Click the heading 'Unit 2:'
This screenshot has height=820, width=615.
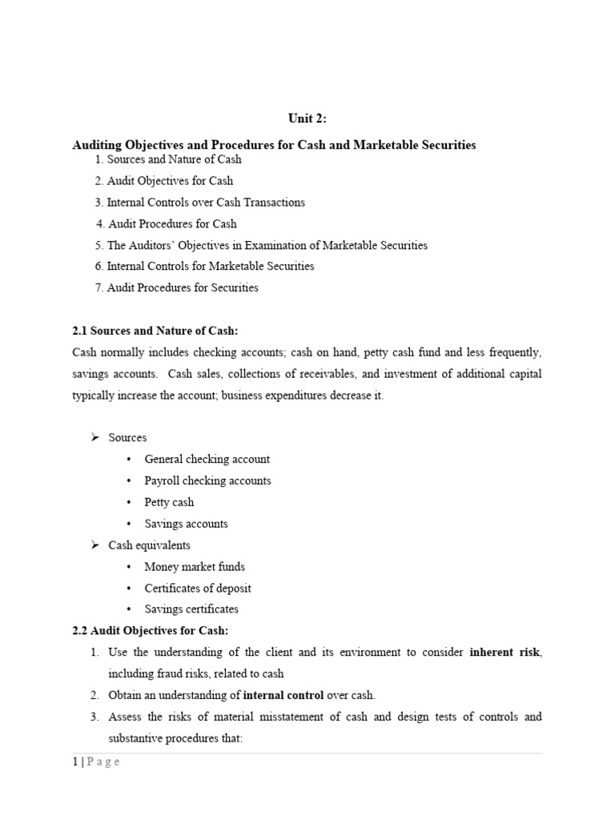tap(307, 119)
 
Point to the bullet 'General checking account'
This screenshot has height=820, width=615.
tap(207, 459)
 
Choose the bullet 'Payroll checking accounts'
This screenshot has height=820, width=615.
tap(207, 480)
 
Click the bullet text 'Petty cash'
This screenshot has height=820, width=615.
tap(169, 502)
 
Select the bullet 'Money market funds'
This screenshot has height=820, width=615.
tap(195, 566)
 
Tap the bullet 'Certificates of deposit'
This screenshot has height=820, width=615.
tap(198, 588)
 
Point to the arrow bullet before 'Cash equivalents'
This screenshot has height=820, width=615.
tap(93, 545)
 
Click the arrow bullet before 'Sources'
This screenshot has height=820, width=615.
tap(93, 437)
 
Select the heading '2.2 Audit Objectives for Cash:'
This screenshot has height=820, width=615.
tap(150, 630)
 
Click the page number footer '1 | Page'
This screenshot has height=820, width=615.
tap(95, 762)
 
